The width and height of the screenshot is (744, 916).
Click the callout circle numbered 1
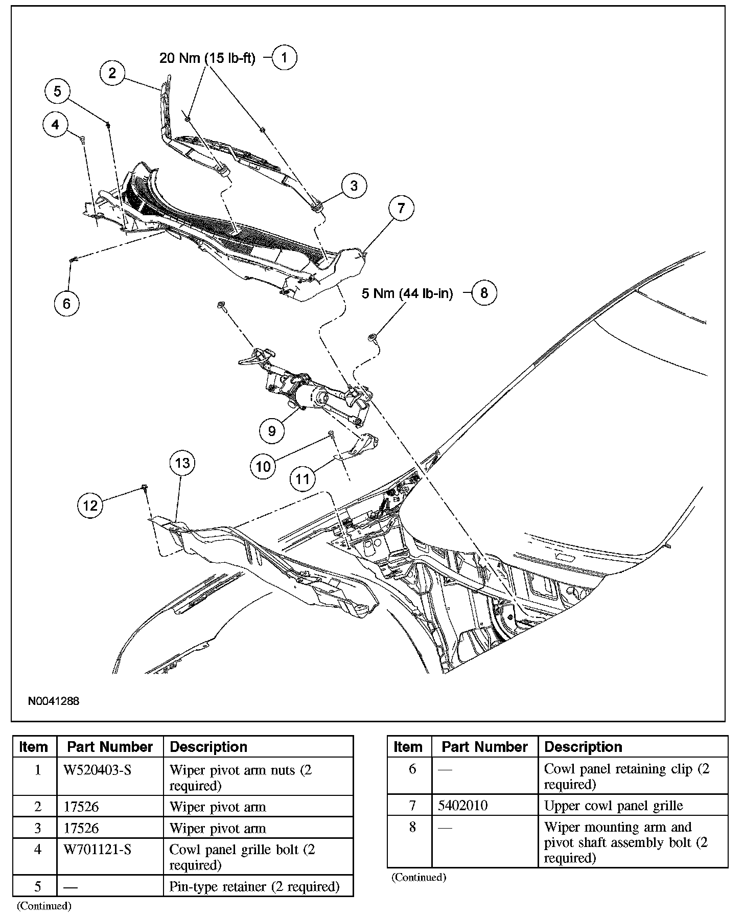click(285, 57)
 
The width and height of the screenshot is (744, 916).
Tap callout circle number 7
click(401, 208)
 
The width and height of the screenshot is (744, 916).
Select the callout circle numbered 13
click(182, 463)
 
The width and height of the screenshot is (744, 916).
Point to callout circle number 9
click(272, 431)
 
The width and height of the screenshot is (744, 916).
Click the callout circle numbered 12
click(90, 506)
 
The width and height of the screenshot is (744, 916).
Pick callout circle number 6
click(67, 304)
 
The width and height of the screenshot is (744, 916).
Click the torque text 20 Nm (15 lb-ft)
click(207, 58)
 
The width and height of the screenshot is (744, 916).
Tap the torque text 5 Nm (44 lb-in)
click(407, 293)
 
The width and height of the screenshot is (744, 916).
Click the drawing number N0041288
click(54, 701)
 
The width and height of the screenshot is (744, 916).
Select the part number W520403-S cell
click(98, 770)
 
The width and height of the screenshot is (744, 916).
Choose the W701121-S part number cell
click(98, 850)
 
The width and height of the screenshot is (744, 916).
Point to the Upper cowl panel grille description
click(613, 806)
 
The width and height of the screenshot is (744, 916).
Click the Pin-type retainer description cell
click(254, 886)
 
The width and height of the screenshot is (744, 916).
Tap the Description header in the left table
click(208, 747)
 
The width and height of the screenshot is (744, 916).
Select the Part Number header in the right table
click(484, 747)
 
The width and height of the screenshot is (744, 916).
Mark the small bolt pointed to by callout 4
click(82, 139)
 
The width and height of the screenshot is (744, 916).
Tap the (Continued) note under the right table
click(418, 878)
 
